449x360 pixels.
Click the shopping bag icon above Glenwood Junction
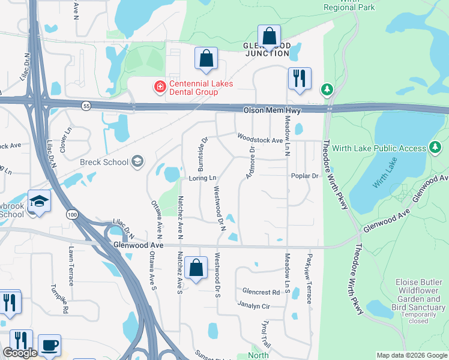coord(270,36)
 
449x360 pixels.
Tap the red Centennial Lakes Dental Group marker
coord(160,88)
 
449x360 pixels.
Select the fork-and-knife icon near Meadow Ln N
coord(299,79)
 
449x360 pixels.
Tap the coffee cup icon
coord(49,346)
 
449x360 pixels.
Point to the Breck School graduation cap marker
coord(137,161)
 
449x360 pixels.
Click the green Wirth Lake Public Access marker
coord(435,148)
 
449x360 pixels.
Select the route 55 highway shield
coord(86,106)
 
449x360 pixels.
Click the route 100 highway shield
coord(72,214)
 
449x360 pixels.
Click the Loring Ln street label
coord(202,178)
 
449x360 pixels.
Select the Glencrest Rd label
coord(261,292)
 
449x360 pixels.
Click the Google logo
coord(20,353)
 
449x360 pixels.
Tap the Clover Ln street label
coord(68,137)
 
